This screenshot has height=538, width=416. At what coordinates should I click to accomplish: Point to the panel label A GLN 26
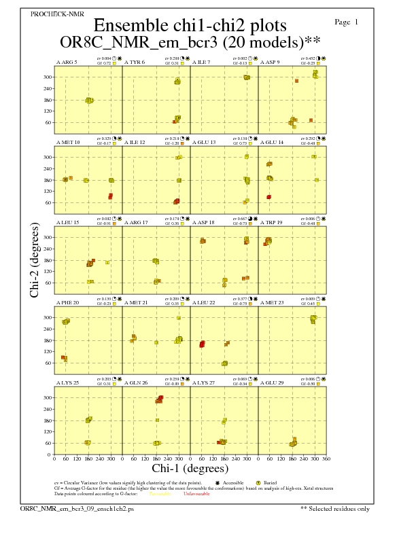point(136,383)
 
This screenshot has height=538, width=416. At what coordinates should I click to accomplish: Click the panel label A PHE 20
point(67,303)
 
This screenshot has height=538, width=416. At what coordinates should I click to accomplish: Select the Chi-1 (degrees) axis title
point(190,468)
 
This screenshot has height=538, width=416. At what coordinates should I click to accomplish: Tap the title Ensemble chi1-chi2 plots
point(190,26)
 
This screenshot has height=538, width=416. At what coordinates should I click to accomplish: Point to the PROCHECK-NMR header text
point(54,14)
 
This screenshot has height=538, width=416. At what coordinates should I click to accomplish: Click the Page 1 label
point(347,22)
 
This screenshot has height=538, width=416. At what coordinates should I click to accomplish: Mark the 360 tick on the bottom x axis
point(326,459)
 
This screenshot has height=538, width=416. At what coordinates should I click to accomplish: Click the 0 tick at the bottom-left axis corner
point(54,459)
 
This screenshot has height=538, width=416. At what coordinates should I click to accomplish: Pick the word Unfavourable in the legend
point(196,494)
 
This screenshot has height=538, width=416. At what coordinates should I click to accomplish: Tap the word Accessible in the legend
point(235,482)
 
